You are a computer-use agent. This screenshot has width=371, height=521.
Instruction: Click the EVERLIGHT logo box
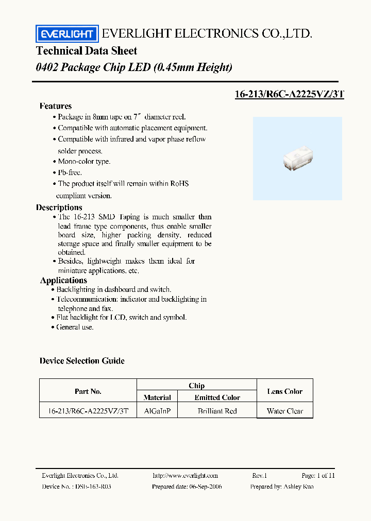[66, 34]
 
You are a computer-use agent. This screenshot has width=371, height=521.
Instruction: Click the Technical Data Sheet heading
[87, 51]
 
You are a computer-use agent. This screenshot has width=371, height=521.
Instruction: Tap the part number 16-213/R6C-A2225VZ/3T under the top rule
[289, 94]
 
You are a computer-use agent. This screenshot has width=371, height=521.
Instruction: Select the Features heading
[56, 106]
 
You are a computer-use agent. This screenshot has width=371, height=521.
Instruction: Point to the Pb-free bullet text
[70, 173]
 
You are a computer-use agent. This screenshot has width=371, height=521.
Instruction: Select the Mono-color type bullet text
[84, 162]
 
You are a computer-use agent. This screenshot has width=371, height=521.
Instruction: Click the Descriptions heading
[59, 207]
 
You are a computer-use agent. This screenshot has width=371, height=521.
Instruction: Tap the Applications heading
[63, 281]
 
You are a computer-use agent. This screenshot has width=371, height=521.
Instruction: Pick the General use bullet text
[75, 327]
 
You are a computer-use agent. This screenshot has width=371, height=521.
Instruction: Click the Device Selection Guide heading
[82, 361]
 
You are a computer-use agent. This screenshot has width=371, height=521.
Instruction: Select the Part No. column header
[88, 391]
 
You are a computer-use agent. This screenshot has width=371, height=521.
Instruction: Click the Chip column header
[196, 386]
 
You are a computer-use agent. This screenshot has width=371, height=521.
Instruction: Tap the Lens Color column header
[285, 391]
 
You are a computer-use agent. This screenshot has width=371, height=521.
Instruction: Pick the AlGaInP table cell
[157, 411]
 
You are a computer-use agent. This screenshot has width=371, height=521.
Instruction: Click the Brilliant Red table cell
[217, 411]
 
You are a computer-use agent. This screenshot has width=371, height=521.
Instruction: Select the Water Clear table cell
[285, 411]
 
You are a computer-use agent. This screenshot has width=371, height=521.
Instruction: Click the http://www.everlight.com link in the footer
[185, 476]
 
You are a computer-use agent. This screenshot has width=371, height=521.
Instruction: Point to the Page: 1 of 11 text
[318, 476]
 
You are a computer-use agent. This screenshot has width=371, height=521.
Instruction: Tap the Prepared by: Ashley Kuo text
[281, 487]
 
